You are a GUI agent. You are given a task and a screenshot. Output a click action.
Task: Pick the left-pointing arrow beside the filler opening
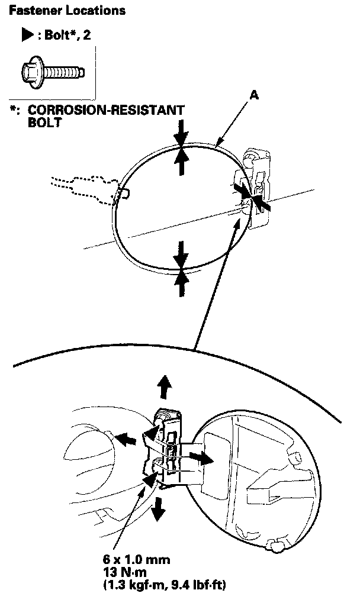tap(126, 440)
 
